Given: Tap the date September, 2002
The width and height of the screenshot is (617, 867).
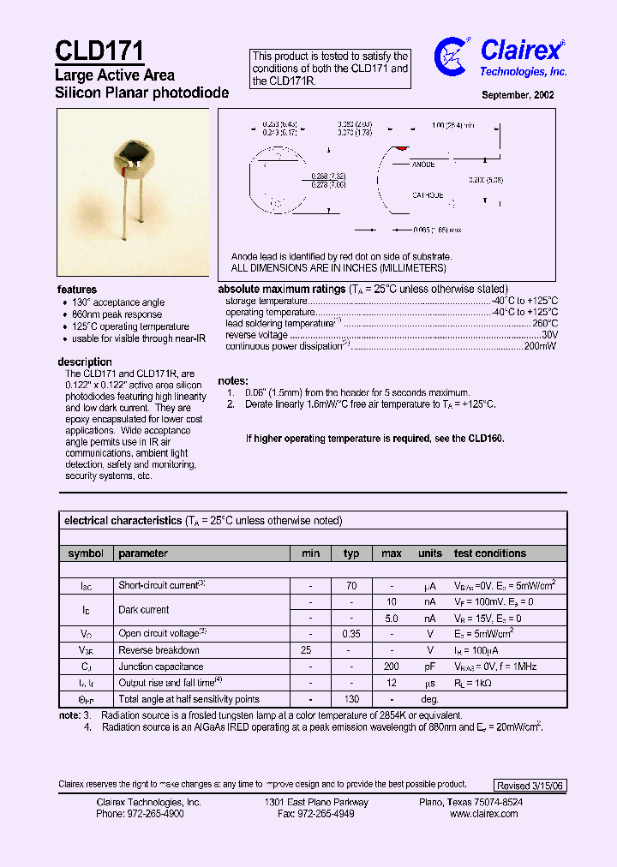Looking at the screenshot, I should pos(518,95).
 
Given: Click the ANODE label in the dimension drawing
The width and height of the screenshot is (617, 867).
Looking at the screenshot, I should pos(423,164).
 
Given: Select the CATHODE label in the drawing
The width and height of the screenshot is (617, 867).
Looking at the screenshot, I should pos(428,195).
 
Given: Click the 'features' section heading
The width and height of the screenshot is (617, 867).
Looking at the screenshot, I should pos(77,290).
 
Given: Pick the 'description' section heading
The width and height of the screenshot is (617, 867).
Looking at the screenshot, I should pos(85,362).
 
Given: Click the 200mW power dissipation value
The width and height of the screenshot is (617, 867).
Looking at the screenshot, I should pos(541,346).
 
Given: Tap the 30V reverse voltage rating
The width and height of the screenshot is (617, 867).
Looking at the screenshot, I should pos(548,335).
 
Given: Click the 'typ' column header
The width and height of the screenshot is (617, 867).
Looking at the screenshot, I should pos(351,553).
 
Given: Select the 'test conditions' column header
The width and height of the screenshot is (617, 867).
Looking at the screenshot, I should pos(490,553).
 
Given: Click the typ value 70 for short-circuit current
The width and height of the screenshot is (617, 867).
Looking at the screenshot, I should pos(351,586).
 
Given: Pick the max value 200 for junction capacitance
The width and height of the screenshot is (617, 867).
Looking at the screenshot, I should pos(392,666).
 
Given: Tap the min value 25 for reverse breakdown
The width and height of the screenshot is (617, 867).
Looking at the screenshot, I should pos(306,650).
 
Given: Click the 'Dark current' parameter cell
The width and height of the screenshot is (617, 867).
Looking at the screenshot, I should pos(144,610).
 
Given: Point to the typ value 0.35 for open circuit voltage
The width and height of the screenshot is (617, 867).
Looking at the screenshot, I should pos(351,634).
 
